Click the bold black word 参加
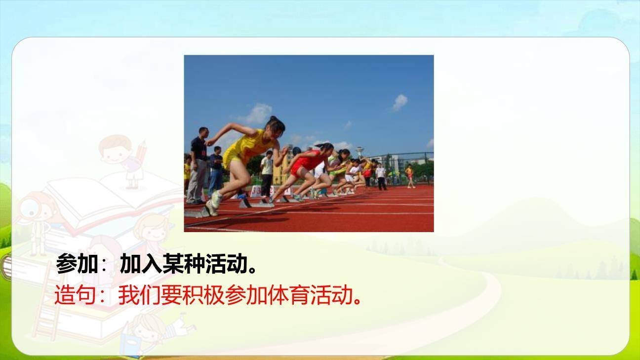point(77,263)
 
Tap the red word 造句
point(75,295)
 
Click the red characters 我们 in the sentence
point(139,295)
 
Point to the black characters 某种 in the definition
point(183,263)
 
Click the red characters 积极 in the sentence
point(203,295)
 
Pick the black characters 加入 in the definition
point(141,263)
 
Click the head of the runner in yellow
point(276,126)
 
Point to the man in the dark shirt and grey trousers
point(198,166)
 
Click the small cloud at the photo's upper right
point(400,102)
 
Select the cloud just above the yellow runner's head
point(258,114)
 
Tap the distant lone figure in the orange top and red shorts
point(410,176)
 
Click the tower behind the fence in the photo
point(360,152)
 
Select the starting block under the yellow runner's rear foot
point(197,213)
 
